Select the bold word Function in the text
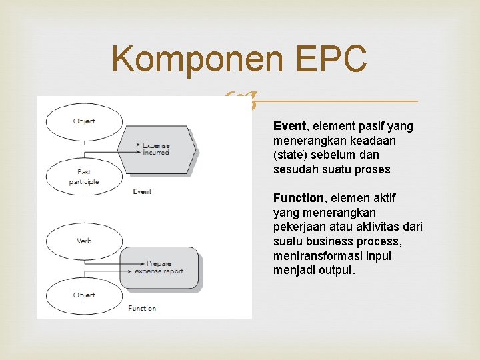coord(297,198)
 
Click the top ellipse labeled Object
coord(84,121)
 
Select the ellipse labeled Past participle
coord(84,177)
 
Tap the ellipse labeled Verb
coord(84,241)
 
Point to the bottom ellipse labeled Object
coord(84,295)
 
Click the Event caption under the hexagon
coord(142,191)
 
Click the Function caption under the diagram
coord(142,308)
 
